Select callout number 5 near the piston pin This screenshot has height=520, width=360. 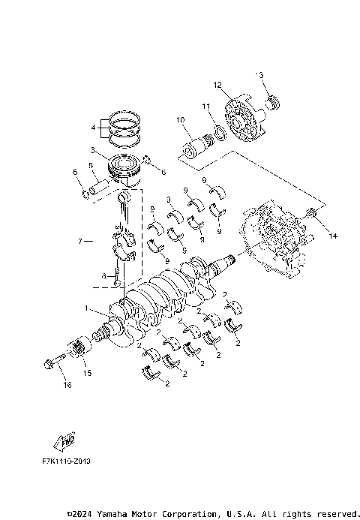pos(90,166)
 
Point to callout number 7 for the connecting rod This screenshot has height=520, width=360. pos(79,242)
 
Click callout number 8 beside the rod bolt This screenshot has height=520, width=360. pos(104,275)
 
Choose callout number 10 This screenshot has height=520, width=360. pos(179,119)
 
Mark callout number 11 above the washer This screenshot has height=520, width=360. pos(204,107)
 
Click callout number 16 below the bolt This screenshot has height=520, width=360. pos(67,386)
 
